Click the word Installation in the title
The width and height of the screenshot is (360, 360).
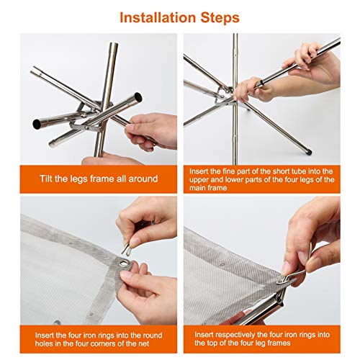click(158, 17)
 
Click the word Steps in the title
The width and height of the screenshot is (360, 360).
click(220, 18)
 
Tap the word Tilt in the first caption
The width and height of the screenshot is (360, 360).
click(46, 179)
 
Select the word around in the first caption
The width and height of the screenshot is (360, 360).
click(143, 179)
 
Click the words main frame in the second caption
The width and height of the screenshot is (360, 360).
click(208, 188)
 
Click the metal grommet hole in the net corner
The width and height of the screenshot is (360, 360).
click(125, 264)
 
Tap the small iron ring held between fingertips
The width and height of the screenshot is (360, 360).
click(126, 248)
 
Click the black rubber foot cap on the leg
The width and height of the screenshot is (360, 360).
click(309, 152)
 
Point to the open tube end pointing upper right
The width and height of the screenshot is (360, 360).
click(138, 98)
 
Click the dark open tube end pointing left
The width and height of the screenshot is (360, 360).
click(37, 124)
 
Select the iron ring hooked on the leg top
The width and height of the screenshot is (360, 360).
click(287, 280)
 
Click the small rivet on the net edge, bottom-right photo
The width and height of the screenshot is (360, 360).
click(222, 265)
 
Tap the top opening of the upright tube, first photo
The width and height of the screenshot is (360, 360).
click(114, 44)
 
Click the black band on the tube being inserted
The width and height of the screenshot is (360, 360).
click(262, 84)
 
